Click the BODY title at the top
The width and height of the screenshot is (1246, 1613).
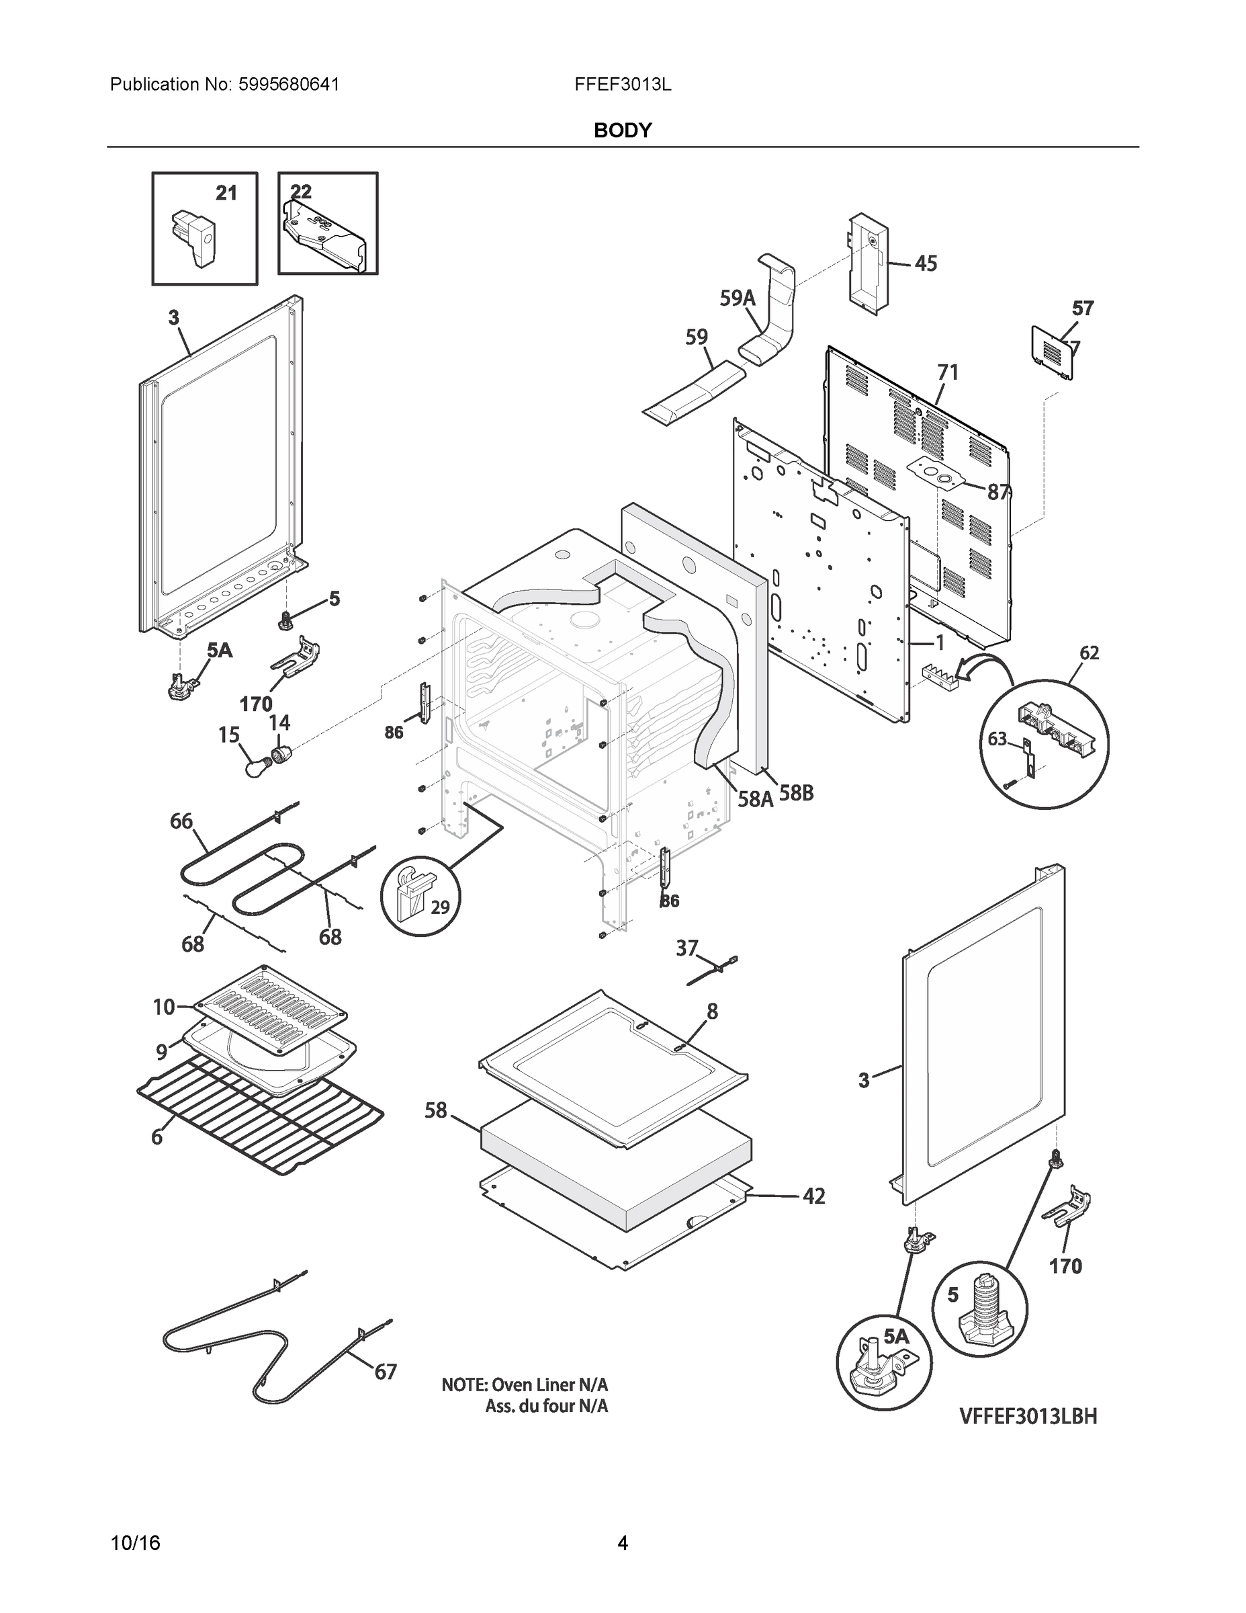pyautogui.click(x=622, y=131)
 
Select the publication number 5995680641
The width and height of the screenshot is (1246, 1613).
pyautogui.click(x=289, y=85)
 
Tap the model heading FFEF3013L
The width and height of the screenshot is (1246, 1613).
pyautogui.click(x=622, y=85)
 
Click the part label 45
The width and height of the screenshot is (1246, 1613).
pyautogui.click(x=926, y=263)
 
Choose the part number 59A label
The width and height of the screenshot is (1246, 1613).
pyautogui.click(x=738, y=298)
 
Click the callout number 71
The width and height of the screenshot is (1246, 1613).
pyautogui.click(x=948, y=373)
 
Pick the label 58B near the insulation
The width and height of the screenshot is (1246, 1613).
pyautogui.click(x=796, y=793)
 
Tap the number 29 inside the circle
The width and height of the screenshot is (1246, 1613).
pyautogui.click(x=440, y=907)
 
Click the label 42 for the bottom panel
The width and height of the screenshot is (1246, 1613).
pyautogui.click(x=813, y=1196)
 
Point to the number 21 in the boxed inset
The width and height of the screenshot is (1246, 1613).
pyautogui.click(x=226, y=194)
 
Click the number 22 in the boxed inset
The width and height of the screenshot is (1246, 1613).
pyautogui.click(x=301, y=192)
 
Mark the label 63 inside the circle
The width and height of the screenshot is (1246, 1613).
pyautogui.click(x=997, y=739)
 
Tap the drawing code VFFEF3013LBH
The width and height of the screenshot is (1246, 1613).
pyautogui.click(x=1028, y=1417)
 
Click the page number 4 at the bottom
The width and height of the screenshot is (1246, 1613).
pyautogui.click(x=622, y=1544)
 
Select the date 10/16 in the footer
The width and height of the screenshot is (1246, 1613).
pyautogui.click(x=135, y=1544)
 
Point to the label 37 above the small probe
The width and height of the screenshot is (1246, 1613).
pyautogui.click(x=686, y=948)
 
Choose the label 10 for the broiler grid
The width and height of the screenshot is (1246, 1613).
pyautogui.click(x=164, y=1007)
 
